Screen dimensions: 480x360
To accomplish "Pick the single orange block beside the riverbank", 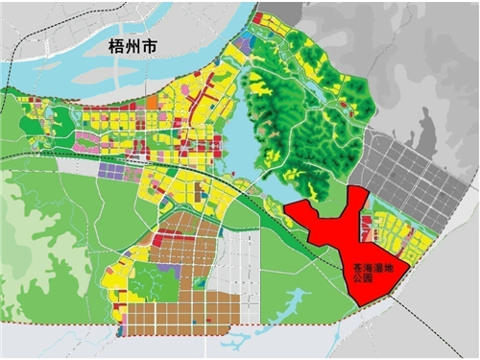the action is [x=152, y=102].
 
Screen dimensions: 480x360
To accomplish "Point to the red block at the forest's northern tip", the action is [x=260, y=18].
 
